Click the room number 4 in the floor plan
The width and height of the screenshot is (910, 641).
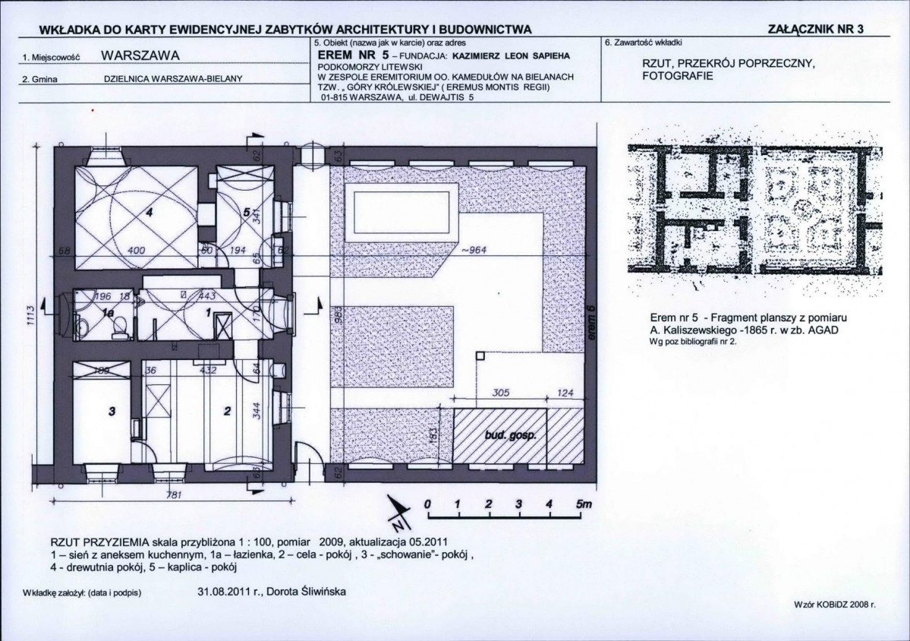tap(150, 213)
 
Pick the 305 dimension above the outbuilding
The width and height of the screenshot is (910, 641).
tap(500, 393)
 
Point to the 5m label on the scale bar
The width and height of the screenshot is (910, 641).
tap(584, 505)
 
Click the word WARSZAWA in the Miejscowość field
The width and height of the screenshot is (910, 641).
tap(140, 55)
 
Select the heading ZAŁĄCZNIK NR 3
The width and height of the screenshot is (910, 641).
tap(817, 29)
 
